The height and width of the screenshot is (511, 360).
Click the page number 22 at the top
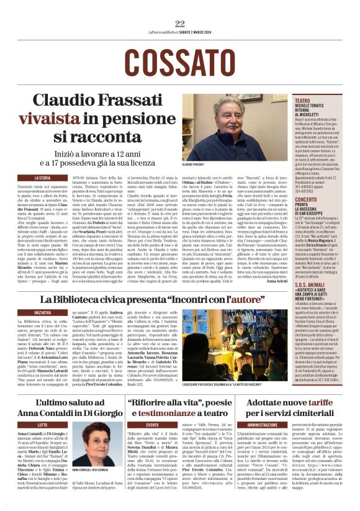tap(180, 24)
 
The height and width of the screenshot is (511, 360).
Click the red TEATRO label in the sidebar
tap(303, 100)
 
